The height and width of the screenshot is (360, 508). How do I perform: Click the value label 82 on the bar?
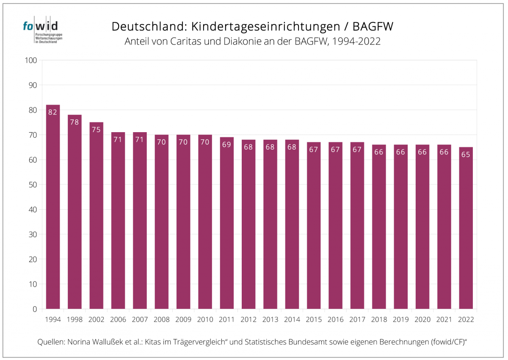tap(53, 112)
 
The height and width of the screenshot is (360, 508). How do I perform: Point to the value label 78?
tap(75, 122)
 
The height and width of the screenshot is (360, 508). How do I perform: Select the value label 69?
tap(226, 144)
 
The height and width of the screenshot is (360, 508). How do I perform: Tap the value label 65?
tap(466, 155)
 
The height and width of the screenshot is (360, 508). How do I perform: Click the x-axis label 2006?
tap(118, 320)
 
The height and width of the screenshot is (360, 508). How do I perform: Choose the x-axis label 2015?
tap(314, 320)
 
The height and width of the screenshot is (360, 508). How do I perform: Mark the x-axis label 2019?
tap(400, 320)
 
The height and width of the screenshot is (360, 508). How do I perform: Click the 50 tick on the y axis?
tap(33, 185)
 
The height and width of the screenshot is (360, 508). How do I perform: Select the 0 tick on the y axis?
tap(35, 309)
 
